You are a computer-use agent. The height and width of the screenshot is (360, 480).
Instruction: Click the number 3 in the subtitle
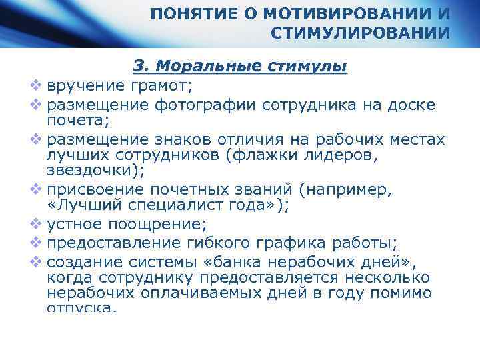139,67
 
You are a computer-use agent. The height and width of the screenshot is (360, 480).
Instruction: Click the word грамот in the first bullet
167,85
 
